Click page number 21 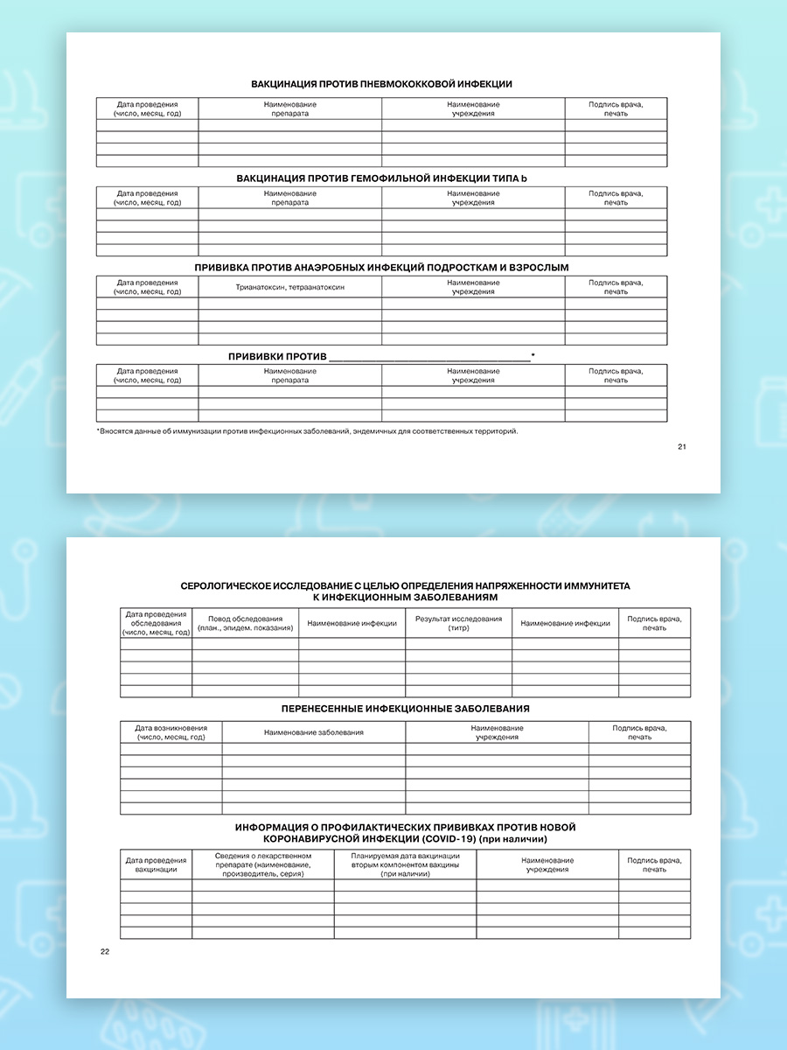682,447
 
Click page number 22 105,951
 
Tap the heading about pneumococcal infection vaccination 381,84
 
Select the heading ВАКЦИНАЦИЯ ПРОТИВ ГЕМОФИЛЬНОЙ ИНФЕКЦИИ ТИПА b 381,178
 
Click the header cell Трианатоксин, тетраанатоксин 289,287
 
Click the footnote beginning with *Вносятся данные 307,430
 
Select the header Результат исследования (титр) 458,623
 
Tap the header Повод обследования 246,623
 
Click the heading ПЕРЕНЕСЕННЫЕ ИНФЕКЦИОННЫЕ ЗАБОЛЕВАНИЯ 405,709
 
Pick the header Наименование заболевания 313,732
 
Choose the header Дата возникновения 171,732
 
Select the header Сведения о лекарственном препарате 263,864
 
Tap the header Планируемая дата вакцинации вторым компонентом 405,864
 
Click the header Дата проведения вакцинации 157,864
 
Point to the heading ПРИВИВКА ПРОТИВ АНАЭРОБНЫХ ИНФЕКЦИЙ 381,266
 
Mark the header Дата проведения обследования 157,623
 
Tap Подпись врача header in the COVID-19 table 654,864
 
